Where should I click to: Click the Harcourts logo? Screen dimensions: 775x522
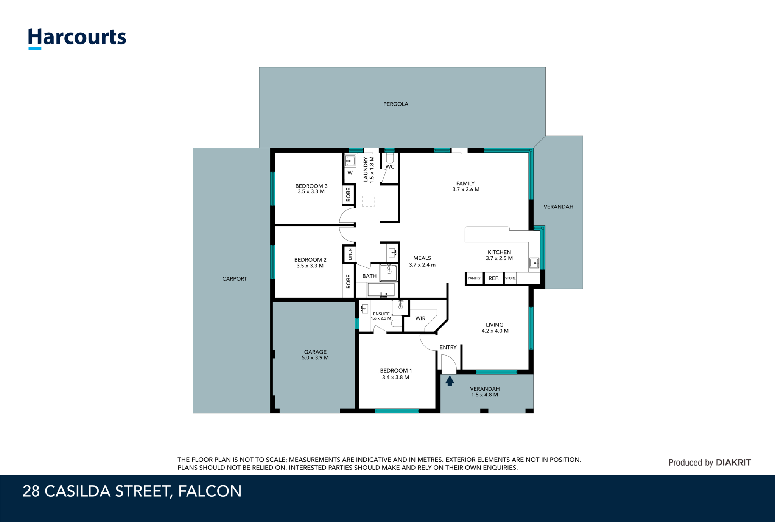pos(77,38)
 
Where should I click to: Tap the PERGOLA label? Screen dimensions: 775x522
pos(396,104)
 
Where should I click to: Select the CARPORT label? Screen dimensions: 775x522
pos(235,279)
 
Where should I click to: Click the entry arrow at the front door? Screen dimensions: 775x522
pos(450,381)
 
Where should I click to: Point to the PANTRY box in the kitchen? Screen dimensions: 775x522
pos(474,278)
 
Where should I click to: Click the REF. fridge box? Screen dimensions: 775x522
pos(493,278)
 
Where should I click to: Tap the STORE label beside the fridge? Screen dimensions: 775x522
pos(510,278)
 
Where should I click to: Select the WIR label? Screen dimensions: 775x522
pos(420,318)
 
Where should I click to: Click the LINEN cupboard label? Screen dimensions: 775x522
pos(350,254)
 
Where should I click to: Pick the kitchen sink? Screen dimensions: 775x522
pos(534,263)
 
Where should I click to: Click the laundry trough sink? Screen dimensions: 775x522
pos(350,161)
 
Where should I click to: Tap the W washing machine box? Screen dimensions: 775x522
pos(350,173)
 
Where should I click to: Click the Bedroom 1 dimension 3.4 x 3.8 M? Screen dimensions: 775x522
pos(395,377)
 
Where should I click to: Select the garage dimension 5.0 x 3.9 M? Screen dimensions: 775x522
pos(315,357)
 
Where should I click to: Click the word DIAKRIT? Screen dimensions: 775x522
pos(733,462)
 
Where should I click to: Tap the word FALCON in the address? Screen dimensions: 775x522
pos(210,491)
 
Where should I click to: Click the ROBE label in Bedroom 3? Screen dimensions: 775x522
pos(348,194)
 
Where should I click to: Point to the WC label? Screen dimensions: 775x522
pos(390,167)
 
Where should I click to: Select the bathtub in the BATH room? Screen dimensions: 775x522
pos(381,290)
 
